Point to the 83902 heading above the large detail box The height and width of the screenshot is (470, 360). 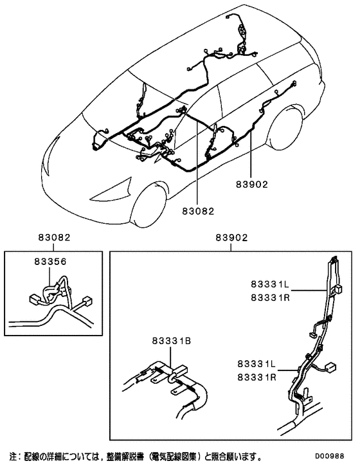click(232, 238)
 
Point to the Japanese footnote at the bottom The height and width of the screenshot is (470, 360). click(135, 457)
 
